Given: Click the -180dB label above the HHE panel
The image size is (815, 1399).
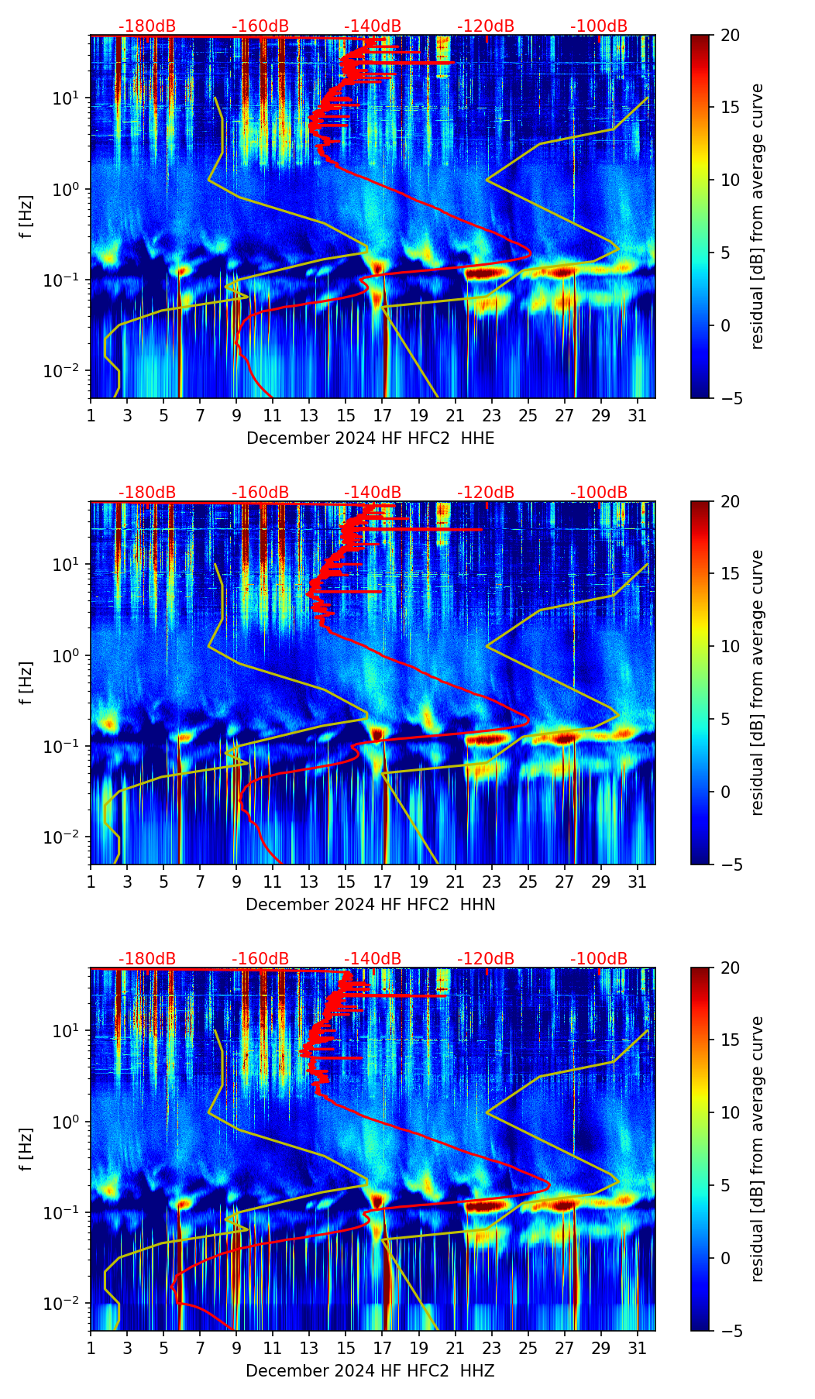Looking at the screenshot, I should (x=147, y=26).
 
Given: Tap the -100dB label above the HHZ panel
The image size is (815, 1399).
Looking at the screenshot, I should (x=599, y=959).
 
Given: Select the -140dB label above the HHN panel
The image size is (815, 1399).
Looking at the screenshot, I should (x=373, y=493).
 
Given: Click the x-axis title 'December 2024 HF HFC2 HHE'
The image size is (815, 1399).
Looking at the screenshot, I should (x=370, y=438).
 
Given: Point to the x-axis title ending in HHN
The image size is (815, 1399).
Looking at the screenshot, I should (x=370, y=905).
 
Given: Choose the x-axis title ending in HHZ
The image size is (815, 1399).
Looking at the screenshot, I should (x=370, y=1371).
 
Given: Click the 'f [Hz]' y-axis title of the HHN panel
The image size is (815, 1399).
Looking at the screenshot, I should (x=26, y=682).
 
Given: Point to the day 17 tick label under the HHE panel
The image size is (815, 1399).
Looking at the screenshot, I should (x=383, y=415).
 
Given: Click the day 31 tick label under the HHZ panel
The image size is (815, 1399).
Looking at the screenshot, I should (x=638, y=1348).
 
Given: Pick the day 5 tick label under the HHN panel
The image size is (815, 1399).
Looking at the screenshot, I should (x=163, y=882).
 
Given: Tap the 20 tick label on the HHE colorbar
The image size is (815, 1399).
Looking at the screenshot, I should (x=730, y=36).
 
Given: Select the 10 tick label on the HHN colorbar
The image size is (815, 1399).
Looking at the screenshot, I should (x=730, y=646).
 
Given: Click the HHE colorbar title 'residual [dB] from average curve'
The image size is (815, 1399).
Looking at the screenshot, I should (x=758, y=216).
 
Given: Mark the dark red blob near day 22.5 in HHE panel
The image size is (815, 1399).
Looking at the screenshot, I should (x=483, y=273).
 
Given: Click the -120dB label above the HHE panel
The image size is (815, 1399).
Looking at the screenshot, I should (x=486, y=26).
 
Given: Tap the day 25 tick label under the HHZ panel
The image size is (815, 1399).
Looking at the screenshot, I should (x=528, y=1348).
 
